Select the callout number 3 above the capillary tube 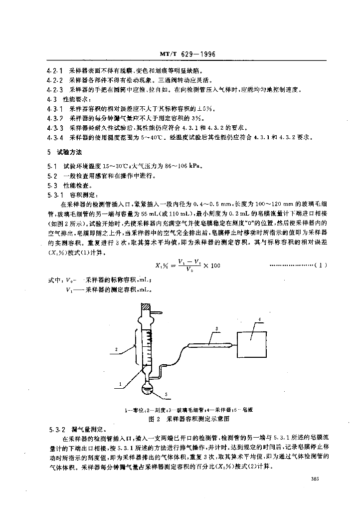(x=217, y=328)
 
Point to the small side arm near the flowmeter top (x=159, y=315)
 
